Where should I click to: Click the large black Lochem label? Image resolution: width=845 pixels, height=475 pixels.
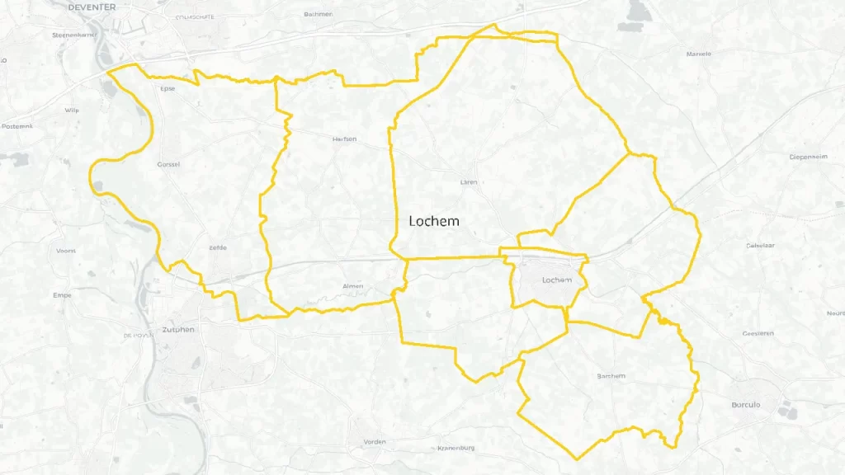click(x=434, y=221)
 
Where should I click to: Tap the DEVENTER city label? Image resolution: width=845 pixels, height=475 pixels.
click(x=92, y=7)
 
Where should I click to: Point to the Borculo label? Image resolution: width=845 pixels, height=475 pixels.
click(x=745, y=405)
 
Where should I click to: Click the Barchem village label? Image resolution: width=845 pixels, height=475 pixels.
click(x=611, y=376)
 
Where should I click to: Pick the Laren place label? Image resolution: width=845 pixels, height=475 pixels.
click(x=469, y=182)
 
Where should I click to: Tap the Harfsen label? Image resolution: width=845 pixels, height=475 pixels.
click(x=344, y=139)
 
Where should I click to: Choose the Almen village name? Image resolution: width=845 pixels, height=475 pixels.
click(x=352, y=286)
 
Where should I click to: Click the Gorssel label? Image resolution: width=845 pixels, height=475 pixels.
click(x=168, y=164)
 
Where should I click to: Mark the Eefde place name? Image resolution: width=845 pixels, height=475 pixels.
click(x=218, y=247)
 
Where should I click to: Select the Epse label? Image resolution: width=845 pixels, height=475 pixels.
click(x=168, y=88)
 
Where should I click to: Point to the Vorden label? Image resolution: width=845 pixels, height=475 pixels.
click(x=375, y=442)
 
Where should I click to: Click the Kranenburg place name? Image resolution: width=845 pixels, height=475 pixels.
click(x=456, y=449)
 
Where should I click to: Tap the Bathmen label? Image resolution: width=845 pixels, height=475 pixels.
click(x=318, y=14)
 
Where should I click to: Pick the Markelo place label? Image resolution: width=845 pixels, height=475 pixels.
click(x=699, y=54)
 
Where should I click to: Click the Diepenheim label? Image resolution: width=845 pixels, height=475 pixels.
click(x=808, y=156)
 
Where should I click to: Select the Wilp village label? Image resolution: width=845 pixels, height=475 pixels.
click(x=72, y=109)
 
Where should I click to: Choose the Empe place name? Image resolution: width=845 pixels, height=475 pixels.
click(x=62, y=294)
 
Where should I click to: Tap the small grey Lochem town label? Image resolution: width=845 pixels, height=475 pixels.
click(x=557, y=280)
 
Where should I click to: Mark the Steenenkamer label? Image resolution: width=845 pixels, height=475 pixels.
click(x=74, y=35)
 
